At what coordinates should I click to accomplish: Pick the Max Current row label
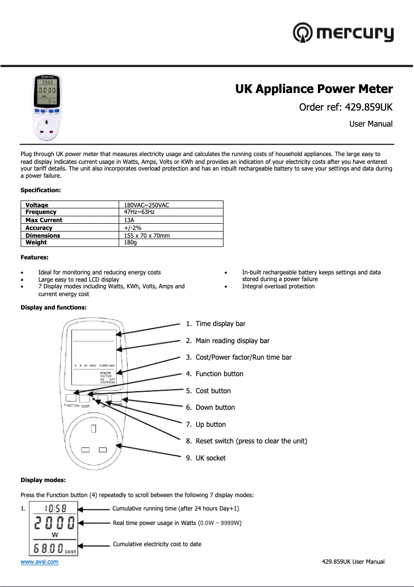point(44,220)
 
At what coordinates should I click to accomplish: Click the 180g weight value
point(131,242)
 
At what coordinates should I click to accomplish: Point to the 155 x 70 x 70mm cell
point(147,235)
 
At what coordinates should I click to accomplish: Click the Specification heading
point(40,190)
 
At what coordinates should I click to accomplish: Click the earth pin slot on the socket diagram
point(93,428)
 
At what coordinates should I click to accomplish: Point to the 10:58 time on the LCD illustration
point(54,508)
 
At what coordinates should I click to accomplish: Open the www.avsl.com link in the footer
point(39,562)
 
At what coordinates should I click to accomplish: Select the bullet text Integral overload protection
point(278,286)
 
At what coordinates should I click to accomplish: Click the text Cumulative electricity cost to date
point(157,544)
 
